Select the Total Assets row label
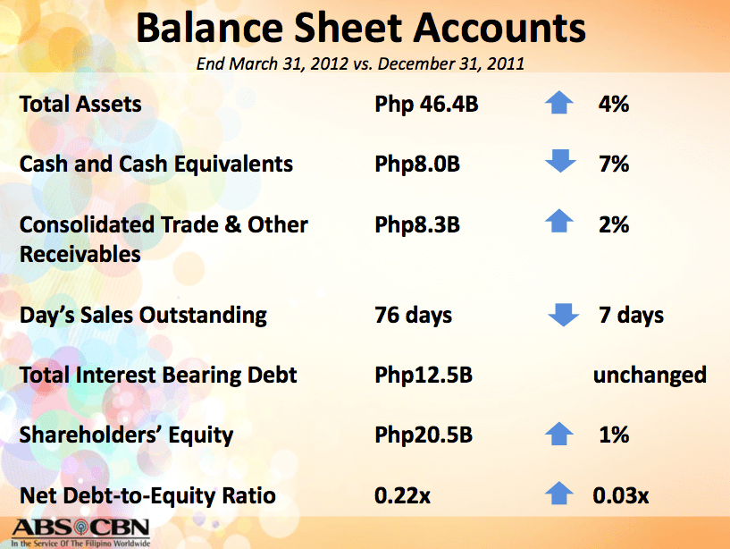(x=80, y=105)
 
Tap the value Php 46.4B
(x=426, y=105)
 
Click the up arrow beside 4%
(x=559, y=104)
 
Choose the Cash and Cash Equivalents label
(x=156, y=165)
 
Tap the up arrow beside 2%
(x=559, y=224)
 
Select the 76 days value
(x=414, y=315)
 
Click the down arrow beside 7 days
(x=563, y=315)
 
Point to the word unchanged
(x=650, y=375)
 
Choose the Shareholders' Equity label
(x=126, y=435)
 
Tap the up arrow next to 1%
(x=559, y=435)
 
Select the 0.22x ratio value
(x=403, y=495)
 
